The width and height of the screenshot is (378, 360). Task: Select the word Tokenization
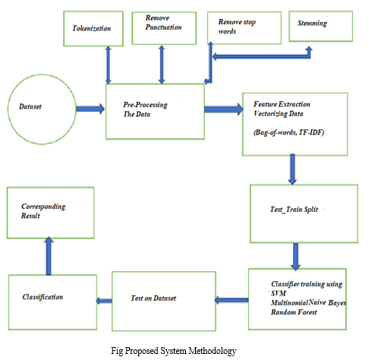coord(92,28)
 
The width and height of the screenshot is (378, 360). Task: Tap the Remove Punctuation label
coord(163,23)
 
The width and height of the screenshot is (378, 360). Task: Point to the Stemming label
coord(312,24)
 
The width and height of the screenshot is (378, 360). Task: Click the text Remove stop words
coord(237,27)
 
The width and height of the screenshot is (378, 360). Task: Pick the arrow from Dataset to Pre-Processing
coord(90,109)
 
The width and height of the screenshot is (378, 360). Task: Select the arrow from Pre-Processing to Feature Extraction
coord(224,109)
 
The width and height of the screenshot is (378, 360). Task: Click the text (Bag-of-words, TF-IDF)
coord(288,132)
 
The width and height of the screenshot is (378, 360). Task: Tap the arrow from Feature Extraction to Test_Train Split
coord(292,169)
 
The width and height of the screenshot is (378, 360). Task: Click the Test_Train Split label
coord(294,210)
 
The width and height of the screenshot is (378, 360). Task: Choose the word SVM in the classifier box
coord(279,293)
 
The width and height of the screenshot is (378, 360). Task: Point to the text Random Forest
coord(294,312)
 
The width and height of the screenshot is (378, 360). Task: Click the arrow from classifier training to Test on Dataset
coord(232,300)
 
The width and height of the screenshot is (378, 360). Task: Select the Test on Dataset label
coord(153,298)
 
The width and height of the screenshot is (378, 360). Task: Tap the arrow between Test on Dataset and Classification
coord(104,301)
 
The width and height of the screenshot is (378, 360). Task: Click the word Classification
coord(43,297)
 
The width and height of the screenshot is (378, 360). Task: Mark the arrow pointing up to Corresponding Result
coord(49,256)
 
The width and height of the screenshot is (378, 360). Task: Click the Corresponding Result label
coord(43,211)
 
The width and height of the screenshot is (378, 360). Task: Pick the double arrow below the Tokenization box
coord(109,65)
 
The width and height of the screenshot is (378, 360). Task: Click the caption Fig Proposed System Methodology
coord(174,351)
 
